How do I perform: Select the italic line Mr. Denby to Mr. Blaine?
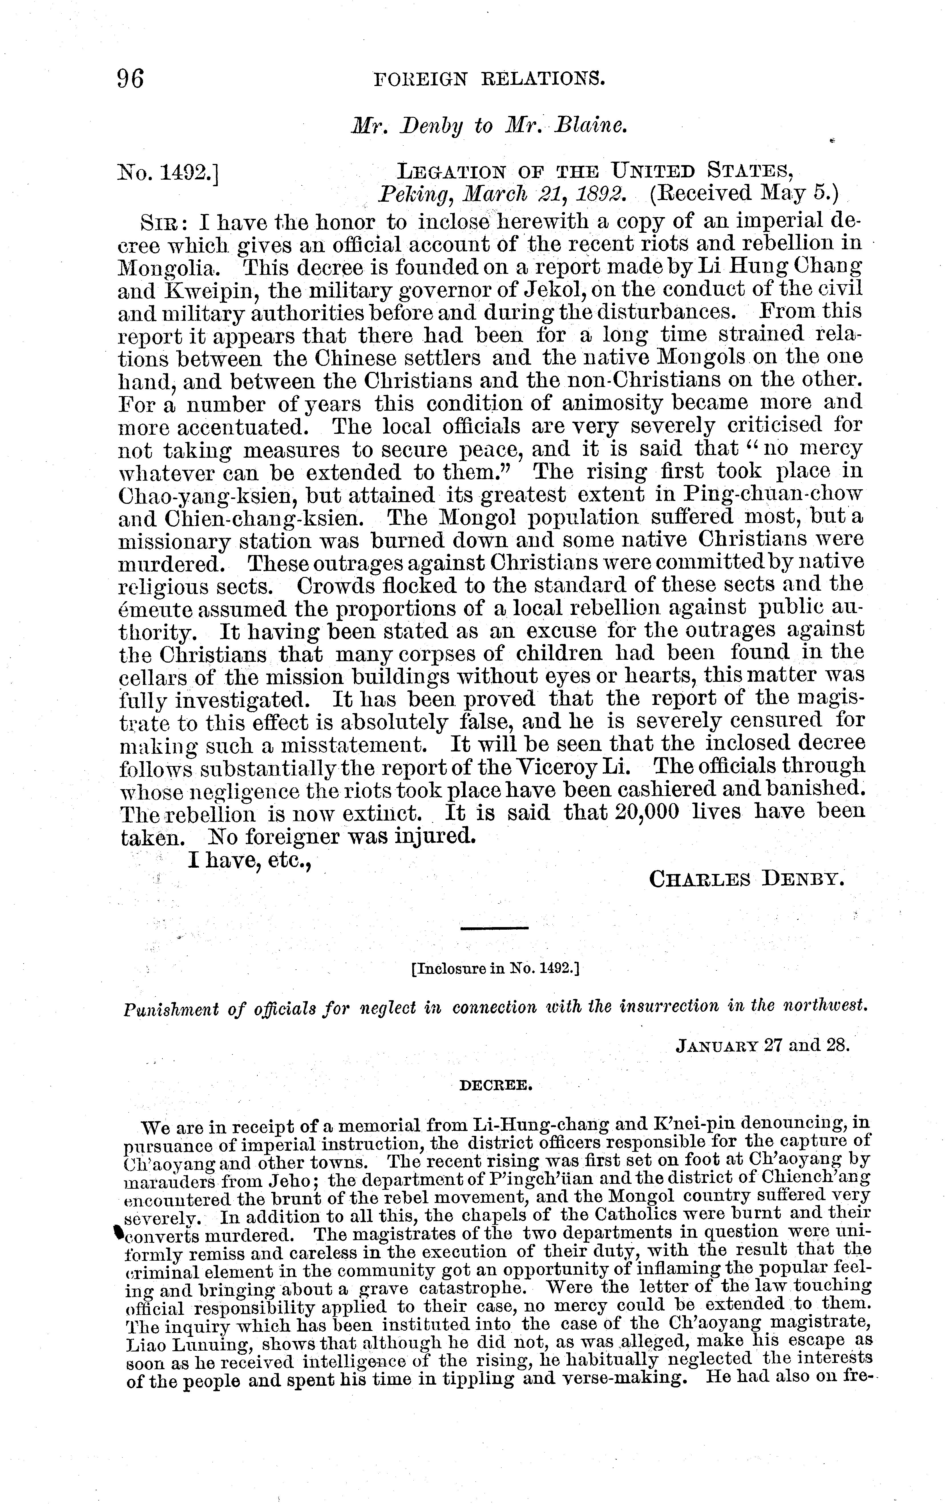(x=489, y=126)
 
